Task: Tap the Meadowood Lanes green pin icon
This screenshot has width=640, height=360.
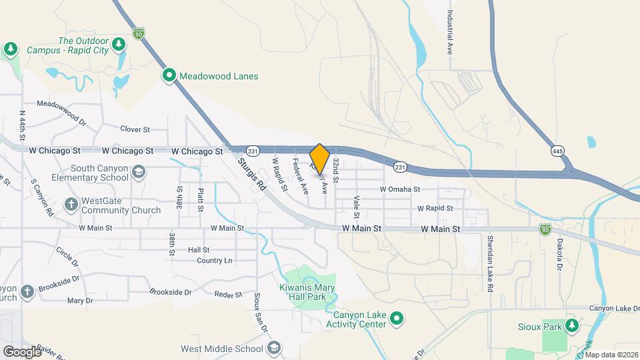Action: [x=169, y=76]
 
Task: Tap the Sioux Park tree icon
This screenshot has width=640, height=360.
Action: [x=571, y=325]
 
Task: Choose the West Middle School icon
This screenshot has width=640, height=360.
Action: [x=273, y=348]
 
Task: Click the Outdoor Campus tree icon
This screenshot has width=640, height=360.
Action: [x=119, y=45]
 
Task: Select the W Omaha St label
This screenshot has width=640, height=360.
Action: [x=400, y=189]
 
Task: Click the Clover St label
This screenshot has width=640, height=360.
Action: [x=135, y=129]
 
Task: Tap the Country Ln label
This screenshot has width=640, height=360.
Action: [x=215, y=261]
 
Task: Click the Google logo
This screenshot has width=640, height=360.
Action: [x=21, y=351]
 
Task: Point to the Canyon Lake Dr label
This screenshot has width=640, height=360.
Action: [x=613, y=309]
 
